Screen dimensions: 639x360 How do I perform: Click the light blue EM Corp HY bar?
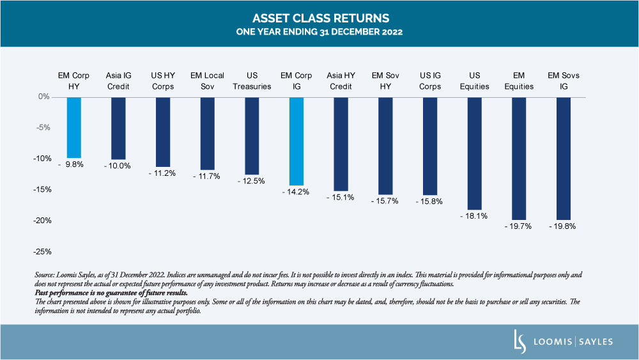[x=73, y=128]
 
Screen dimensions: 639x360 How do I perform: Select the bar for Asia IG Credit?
[x=118, y=129]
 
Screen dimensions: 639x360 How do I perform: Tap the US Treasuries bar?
[x=252, y=136]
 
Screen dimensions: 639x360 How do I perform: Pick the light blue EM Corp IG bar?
[x=296, y=141]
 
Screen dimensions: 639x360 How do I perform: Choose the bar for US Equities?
[x=474, y=153]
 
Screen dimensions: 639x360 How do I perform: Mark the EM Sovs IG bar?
[x=564, y=159]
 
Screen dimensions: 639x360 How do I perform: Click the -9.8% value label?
[x=71, y=164]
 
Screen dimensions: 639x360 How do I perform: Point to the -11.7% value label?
[x=206, y=176]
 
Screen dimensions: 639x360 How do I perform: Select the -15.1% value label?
[x=341, y=198]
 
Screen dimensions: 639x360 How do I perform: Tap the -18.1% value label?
[x=473, y=216]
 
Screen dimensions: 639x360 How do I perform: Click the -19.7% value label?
[x=518, y=226]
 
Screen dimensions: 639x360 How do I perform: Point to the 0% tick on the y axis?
[x=44, y=97]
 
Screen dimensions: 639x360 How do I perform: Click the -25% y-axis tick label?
[x=42, y=251]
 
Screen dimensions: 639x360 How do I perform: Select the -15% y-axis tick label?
[x=42, y=189]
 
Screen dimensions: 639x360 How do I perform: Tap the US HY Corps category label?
[x=163, y=81]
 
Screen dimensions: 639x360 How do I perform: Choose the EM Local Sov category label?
[x=208, y=81]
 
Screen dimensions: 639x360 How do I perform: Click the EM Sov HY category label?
[x=385, y=81]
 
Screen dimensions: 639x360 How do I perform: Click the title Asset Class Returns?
[x=321, y=19]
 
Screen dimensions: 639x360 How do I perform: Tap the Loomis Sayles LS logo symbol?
[x=520, y=341]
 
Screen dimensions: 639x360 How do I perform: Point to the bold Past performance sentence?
[x=111, y=293]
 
